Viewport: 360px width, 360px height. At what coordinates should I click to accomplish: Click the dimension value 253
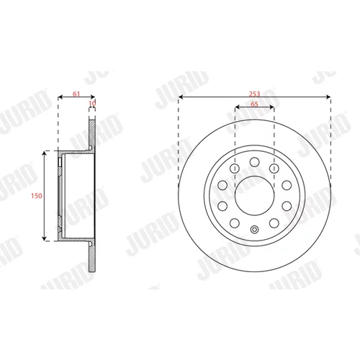[x=254, y=94]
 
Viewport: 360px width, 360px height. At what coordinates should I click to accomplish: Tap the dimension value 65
[x=254, y=104]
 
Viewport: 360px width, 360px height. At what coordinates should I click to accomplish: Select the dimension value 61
[x=76, y=94]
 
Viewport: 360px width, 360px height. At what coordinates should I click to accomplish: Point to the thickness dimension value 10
[x=92, y=103]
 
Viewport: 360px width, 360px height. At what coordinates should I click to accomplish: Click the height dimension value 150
[x=37, y=196]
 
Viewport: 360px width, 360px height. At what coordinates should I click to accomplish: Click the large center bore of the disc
[x=254, y=196]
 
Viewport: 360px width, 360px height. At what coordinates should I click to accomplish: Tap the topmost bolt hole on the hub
[x=254, y=162]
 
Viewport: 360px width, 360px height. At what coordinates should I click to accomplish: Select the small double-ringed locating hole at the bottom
[x=254, y=230]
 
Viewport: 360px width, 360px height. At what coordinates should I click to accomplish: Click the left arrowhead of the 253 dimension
[x=181, y=97]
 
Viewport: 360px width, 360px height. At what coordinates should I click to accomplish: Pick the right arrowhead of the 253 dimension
[x=328, y=97]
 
